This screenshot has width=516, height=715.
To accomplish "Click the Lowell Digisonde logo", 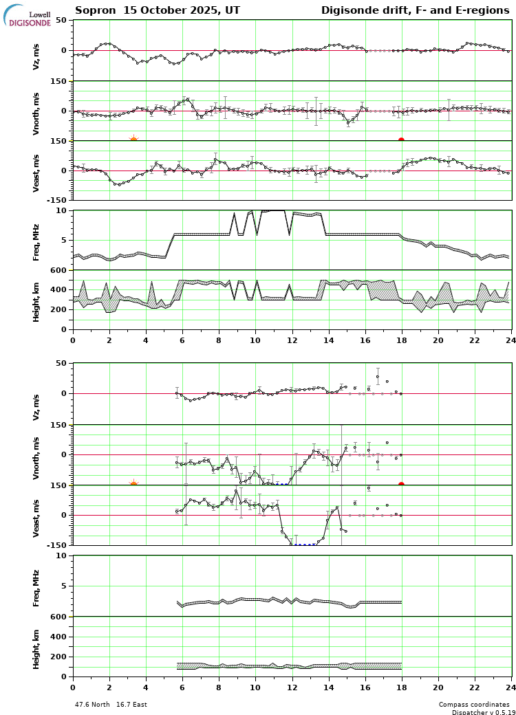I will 28,16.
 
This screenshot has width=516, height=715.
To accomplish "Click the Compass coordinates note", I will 474,705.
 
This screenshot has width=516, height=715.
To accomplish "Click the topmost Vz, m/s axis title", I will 36,51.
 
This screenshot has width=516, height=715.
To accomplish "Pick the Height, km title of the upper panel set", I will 36,300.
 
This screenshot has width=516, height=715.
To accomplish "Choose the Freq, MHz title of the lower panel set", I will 36,586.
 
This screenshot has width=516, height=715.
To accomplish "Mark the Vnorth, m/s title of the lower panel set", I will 36,454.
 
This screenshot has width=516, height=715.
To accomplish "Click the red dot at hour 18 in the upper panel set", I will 401,140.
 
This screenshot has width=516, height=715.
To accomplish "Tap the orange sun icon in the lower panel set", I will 133,485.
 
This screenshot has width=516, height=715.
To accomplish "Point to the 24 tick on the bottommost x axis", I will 510,687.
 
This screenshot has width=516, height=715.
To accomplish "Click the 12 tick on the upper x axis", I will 292,340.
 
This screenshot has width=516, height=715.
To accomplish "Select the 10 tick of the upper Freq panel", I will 61,210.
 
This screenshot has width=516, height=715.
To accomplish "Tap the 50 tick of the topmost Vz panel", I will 61,21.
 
